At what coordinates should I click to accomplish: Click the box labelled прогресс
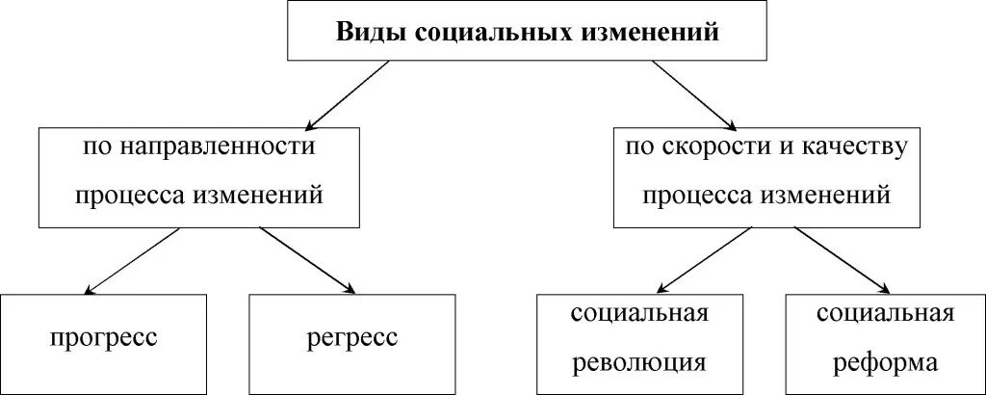point(103,339)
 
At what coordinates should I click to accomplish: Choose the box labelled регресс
point(351,339)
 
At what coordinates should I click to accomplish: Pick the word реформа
point(886,363)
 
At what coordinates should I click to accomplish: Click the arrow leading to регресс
point(307,260)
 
